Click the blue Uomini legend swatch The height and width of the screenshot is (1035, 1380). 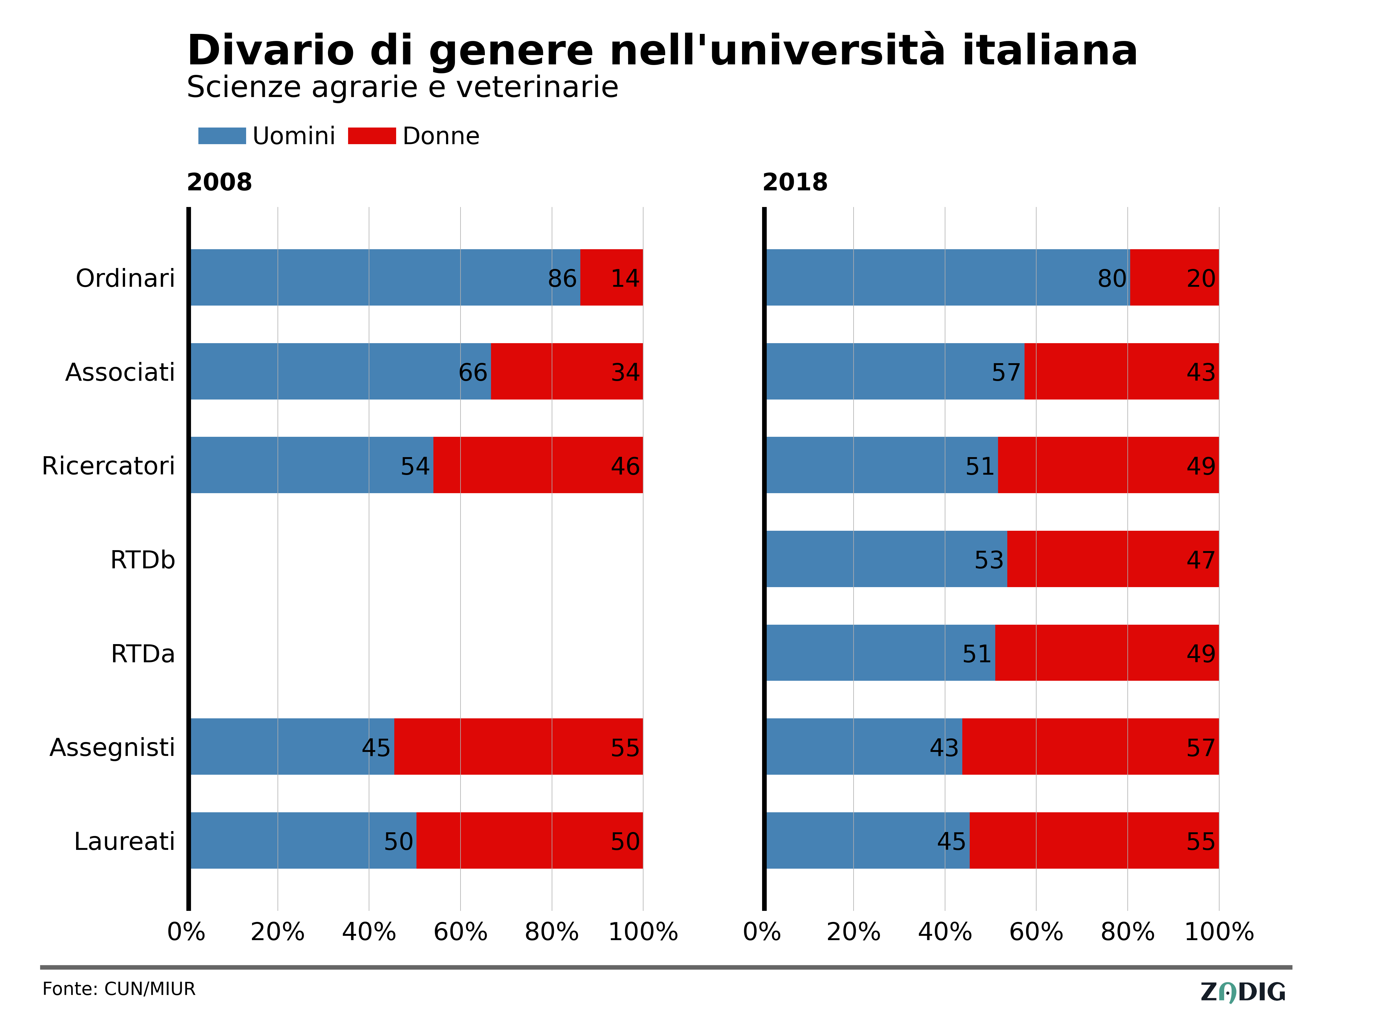point(222,136)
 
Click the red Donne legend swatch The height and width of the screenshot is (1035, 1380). point(372,136)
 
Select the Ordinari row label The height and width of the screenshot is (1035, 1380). point(125,278)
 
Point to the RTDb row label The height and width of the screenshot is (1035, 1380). point(143,560)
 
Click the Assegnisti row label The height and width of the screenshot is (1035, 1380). point(112,747)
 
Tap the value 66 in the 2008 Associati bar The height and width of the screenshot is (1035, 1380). point(473,372)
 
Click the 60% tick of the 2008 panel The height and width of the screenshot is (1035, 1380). point(461,932)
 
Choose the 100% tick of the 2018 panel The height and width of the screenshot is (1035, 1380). point(1219,932)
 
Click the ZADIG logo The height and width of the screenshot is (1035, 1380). point(1243,992)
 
